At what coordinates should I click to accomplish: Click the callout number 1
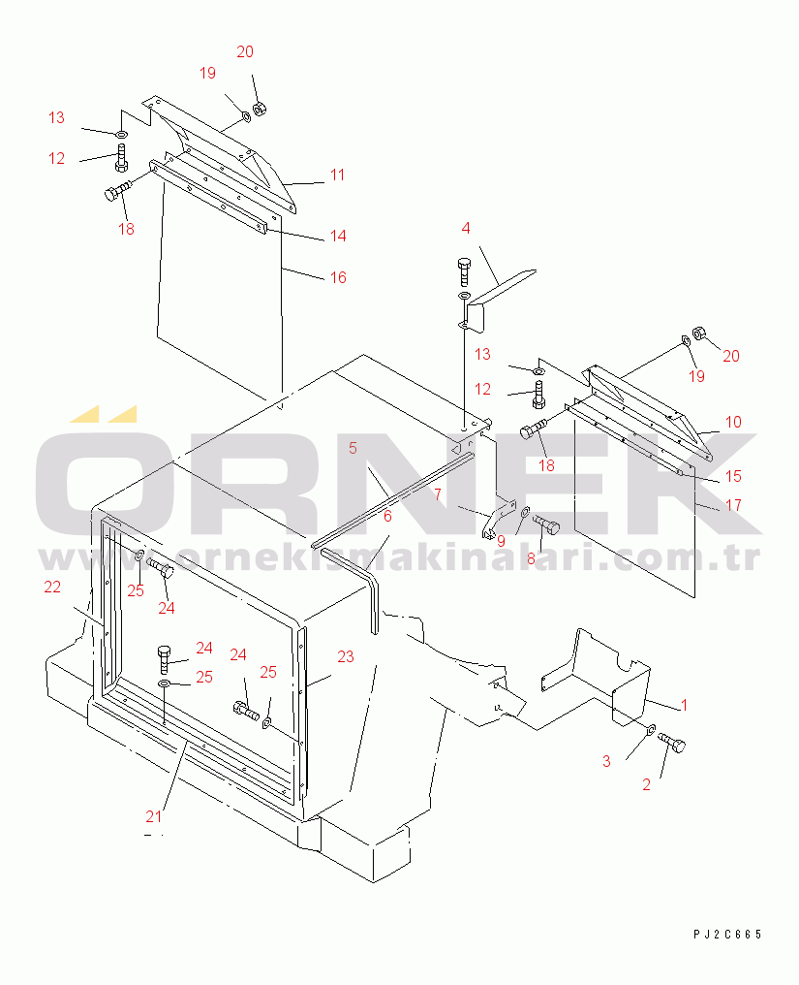[x=684, y=705]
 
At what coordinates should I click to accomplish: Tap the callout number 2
[x=647, y=784]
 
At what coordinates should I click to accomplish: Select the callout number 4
[x=465, y=228]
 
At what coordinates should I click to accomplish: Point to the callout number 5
[x=353, y=448]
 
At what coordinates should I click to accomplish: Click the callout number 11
[x=338, y=175]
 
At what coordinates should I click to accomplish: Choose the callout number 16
[x=338, y=277]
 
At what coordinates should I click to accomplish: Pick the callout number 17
[x=733, y=504]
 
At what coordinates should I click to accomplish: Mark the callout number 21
[x=154, y=816]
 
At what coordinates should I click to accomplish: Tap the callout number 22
[x=52, y=587]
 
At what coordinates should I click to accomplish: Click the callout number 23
[x=346, y=656]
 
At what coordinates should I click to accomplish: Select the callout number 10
[x=733, y=422]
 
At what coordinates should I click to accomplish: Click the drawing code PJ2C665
[x=727, y=935]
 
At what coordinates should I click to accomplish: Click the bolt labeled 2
[x=673, y=744]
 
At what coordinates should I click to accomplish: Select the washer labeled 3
[x=651, y=729]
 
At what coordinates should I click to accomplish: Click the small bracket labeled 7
[x=498, y=521]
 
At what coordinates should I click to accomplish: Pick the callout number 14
[x=338, y=236]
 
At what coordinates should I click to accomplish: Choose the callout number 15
[x=733, y=476]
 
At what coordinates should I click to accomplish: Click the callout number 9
[x=501, y=541]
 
